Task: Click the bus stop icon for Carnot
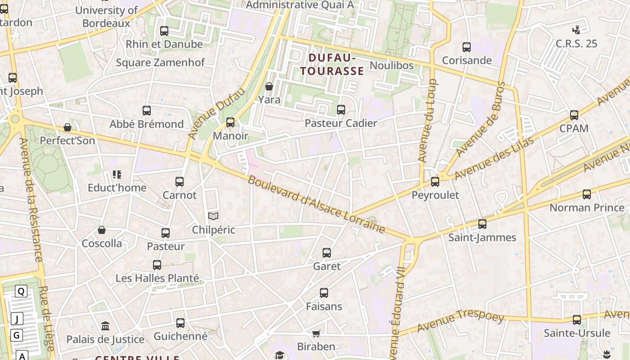click(x=180, y=182)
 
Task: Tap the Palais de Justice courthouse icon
click(x=105, y=326)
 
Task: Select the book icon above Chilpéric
click(x=213, y=216)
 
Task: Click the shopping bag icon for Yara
click(x=269, y=86)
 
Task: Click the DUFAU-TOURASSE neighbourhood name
click(x=332, y=64)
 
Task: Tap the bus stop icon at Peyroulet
click(x=435, y=182)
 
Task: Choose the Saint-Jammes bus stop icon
click(x=482, y=224)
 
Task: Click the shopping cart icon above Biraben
click(x=316, y=333)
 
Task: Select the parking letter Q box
click(x=21, y=291)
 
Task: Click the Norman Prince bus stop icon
click(x=587, y=194)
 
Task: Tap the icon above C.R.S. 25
click(x=576, y=30)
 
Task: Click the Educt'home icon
click(x=117, y=174)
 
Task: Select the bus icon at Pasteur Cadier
click(x=341, y=110)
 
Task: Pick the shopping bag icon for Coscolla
click(x=102, y=230)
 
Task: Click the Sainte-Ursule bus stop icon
click(x=577, y=320)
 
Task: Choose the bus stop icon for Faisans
click(x=324, y=293)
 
